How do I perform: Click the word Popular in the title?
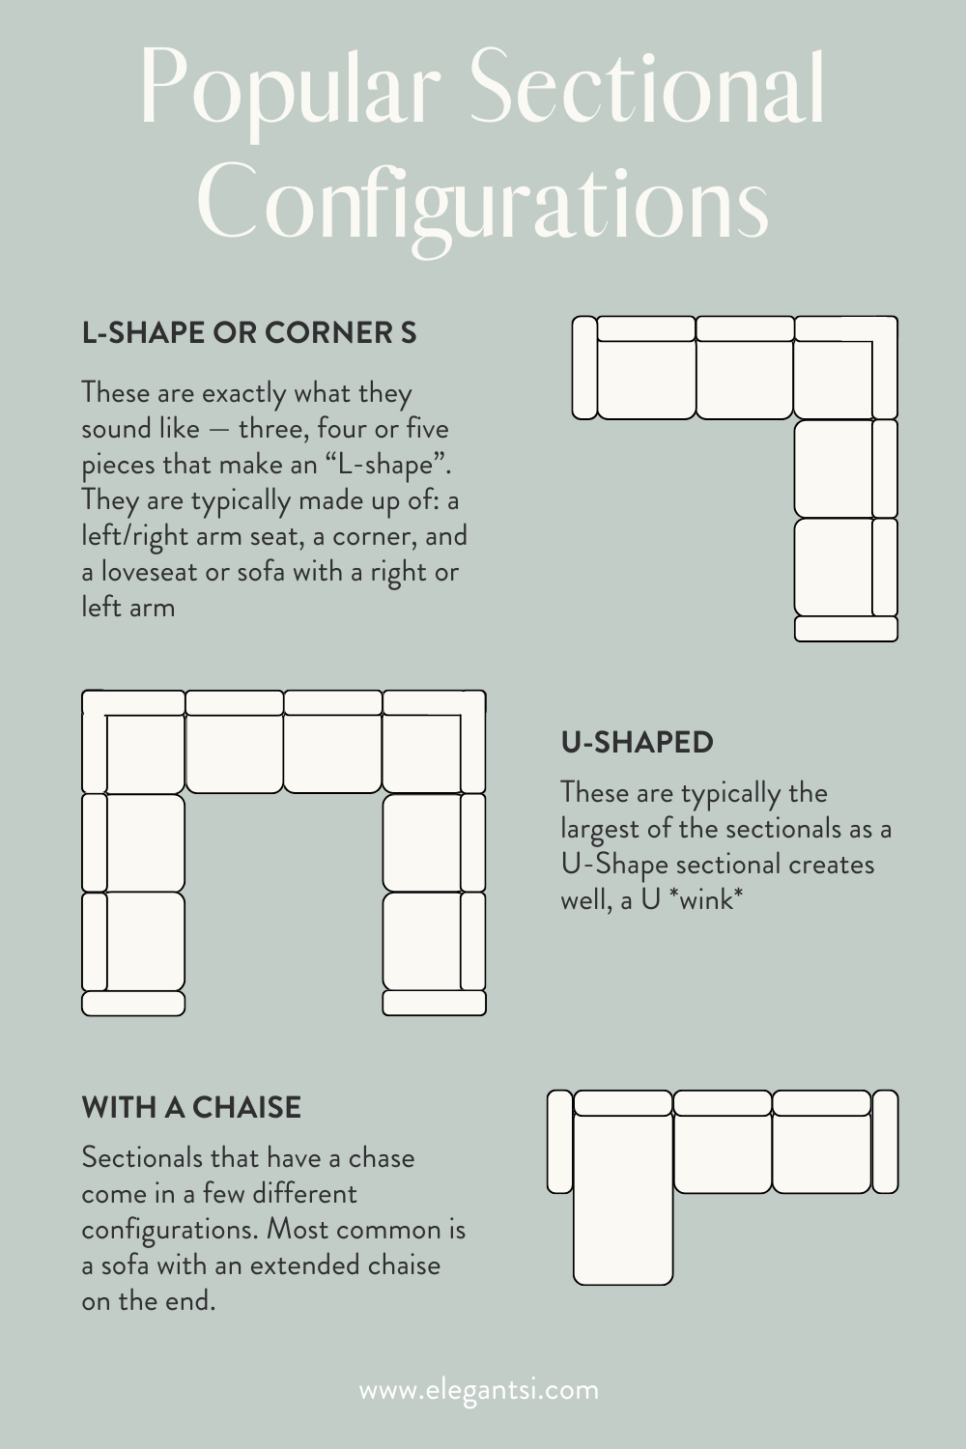click(x=290, y=89)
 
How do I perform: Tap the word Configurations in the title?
click(x=483, y=205)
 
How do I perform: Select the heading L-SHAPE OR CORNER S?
click(x=249, y=332)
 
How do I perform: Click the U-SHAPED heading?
click(x=637, y=742)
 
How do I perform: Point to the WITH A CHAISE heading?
click(x=191, y=1107)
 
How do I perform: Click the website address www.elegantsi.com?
click(x=479, y=1390)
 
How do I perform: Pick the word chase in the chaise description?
click(x=382, y=1157)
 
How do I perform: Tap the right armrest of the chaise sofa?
click(x=885, y=1142)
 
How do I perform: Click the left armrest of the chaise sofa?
click(x=560, y=1142)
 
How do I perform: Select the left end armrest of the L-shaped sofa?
click(x=583, y=368)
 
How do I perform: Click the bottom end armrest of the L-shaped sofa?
click(x=845, y=629)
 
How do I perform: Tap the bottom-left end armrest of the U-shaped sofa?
click(x=133, y=1003)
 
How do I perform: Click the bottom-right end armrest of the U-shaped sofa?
click(x=434, y=1003)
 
